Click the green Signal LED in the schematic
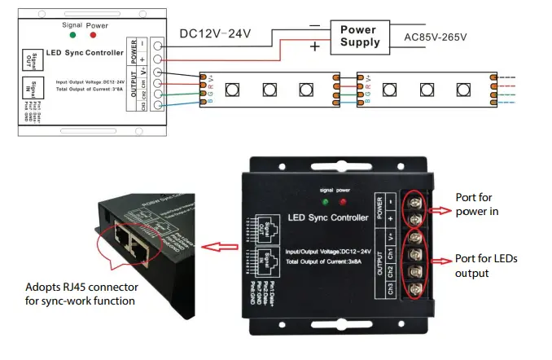(x=74, y=35)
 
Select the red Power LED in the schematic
(x=95, y=35)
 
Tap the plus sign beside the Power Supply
(x=313, y=48)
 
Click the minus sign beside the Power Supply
(x=315, y=26)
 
